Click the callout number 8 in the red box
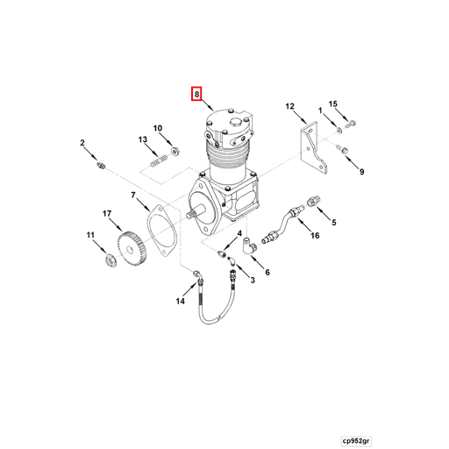(x=198, y=93)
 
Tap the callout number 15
(x=333, y=104)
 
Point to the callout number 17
(x=106, y=213)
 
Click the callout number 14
(x=180, y=301)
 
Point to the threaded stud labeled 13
(x=160, y=161)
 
